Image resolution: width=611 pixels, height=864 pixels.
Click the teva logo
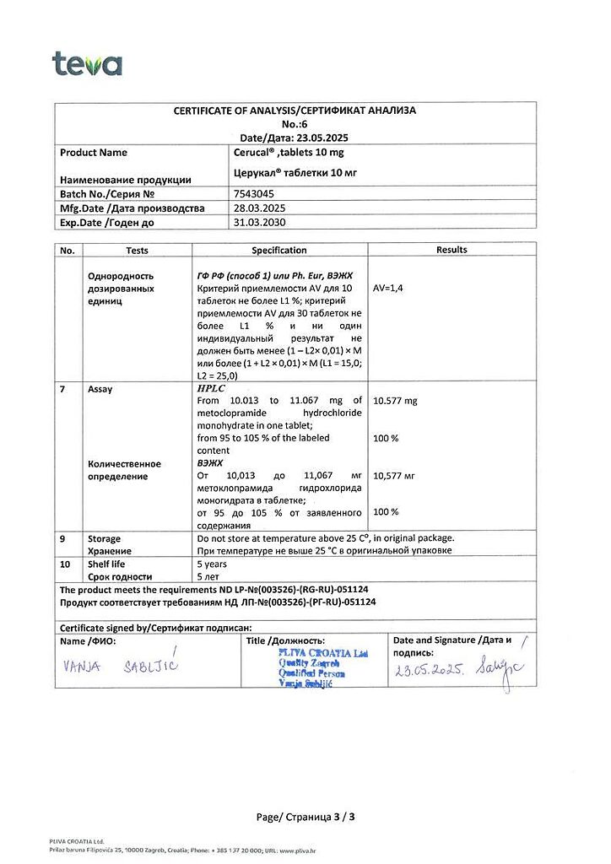(87, 64)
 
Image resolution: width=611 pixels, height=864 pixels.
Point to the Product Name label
(94, 153)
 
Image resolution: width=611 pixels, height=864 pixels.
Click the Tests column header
(137, 251)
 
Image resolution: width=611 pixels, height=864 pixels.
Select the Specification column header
(279, 251)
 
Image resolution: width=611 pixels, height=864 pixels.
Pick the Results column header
(451, 250)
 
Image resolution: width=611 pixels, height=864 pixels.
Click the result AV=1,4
(388, 289)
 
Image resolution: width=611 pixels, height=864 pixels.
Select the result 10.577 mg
(395, 401)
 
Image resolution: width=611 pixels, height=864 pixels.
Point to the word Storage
(104, 538)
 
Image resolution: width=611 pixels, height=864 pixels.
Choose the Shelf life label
(106, 564)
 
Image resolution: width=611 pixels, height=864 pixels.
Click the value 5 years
(212, 564)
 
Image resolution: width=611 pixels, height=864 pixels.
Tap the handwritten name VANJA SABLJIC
(121, 667)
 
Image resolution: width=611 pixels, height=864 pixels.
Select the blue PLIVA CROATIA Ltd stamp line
(322, 652)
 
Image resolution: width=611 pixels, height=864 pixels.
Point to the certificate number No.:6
(295, 123)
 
